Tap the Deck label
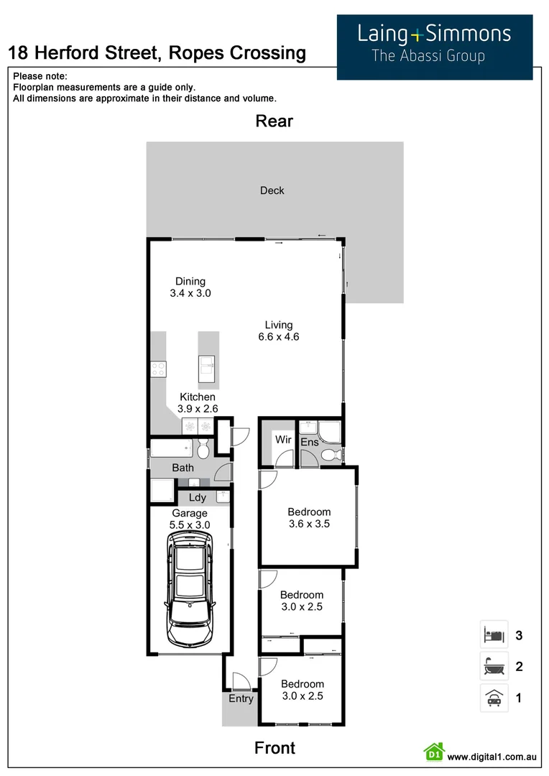[x=272, y=190]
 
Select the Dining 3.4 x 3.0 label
[x=190, y=287]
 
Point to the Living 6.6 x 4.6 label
[x=278, y=331]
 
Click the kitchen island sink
[x=208, y=369]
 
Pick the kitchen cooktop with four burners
[x=158, y=369]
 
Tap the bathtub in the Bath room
[x=172, y=451]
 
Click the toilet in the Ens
[x=331, y=455]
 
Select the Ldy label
[x=198, y=497]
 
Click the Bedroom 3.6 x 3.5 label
[x=309, y=518]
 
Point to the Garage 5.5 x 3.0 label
[x=190, y=519]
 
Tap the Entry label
[x=241, y=698]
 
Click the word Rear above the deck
[x=274, y=121]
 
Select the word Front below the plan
[x=274, y=748]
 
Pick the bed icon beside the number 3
[x=494, y=635]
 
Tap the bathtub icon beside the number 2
[x=494, y=666]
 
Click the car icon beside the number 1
[x=494, y=698]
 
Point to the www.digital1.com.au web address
[x=492, y=757]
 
